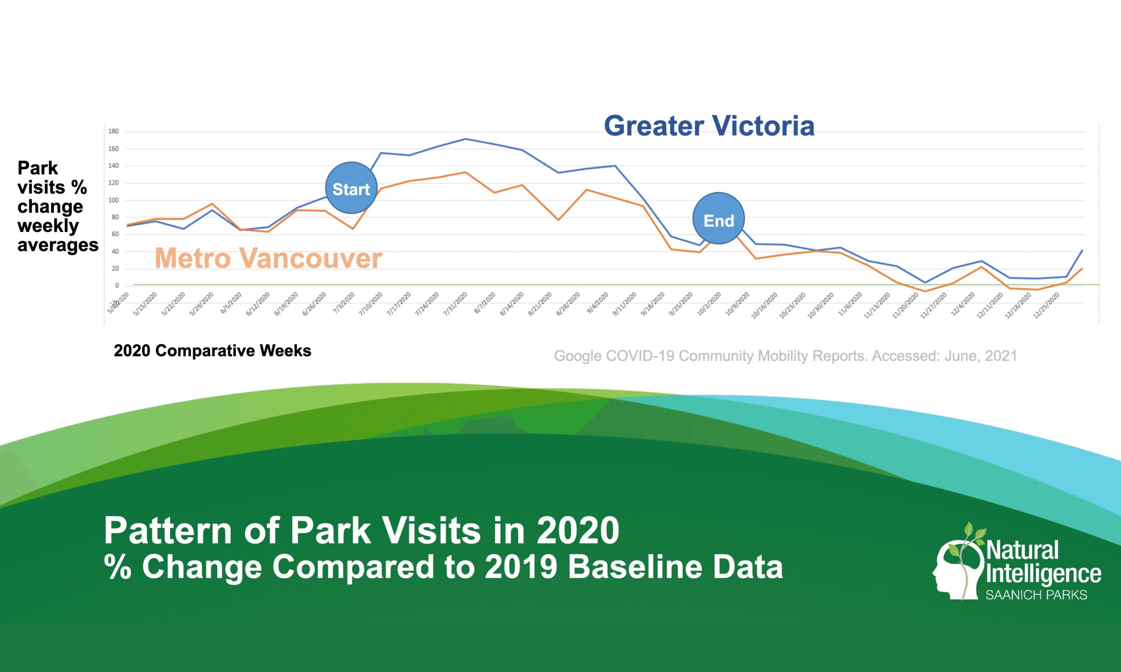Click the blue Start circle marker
point(351,188)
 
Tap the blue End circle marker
point(719,219)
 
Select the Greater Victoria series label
point(709,126)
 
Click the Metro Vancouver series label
point(268,258)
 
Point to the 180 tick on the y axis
point(113,131)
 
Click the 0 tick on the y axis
point(117,286)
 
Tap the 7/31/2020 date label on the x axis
point(455,304)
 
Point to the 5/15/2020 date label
point(145,304)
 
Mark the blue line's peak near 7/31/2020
point(466,139)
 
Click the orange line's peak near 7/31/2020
point(466,172)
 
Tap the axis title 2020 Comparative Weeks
point(212,351)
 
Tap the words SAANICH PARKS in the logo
point(1036,595)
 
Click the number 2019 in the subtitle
point(521,567)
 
